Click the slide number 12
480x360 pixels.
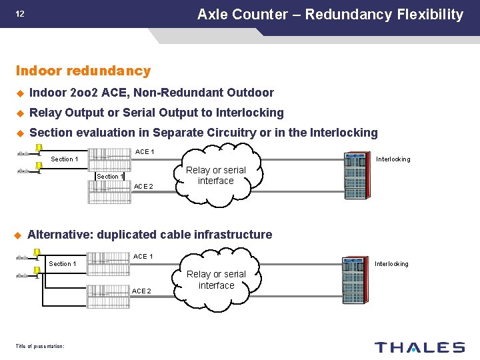[20, 13]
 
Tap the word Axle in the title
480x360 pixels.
[213, 14]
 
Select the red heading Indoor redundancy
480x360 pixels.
[83, 71]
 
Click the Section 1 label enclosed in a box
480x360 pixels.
[110, 177]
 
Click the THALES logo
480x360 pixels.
[419, 347]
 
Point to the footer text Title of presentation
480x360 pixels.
[39, 346]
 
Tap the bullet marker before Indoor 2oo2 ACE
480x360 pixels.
[20, 93]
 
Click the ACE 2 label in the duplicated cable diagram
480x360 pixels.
[141, 291]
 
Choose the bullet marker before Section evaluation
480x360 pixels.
[20, 133]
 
